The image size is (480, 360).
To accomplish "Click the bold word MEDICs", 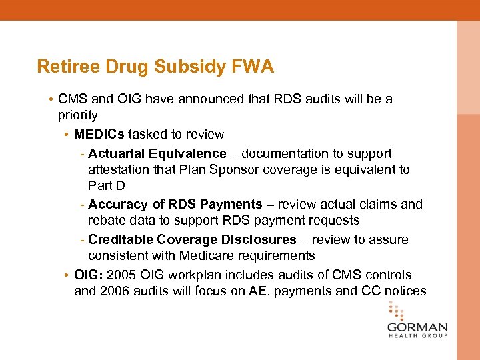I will (99, 134).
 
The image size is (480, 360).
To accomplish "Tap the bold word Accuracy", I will (117, 204).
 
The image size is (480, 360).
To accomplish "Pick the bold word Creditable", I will (120, 239).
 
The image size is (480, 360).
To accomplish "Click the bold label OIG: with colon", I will (89, 275).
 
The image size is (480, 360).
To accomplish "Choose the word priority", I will (77, 115).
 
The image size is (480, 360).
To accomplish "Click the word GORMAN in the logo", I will (418, 328).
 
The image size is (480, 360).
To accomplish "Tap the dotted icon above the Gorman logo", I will (397, 310).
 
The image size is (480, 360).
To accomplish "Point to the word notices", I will (405, 291).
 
